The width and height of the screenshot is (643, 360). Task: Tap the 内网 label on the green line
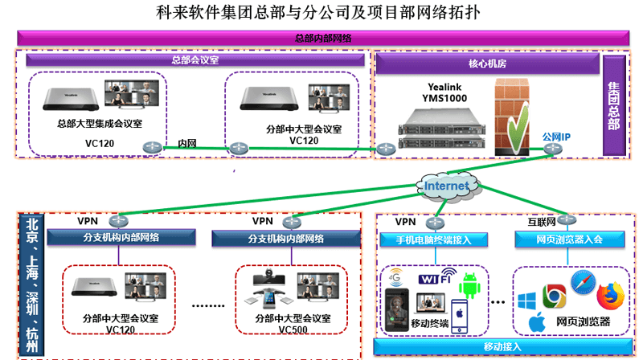187,143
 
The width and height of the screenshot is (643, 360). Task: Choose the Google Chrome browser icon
554,297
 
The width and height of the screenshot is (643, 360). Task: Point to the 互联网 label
540,220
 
